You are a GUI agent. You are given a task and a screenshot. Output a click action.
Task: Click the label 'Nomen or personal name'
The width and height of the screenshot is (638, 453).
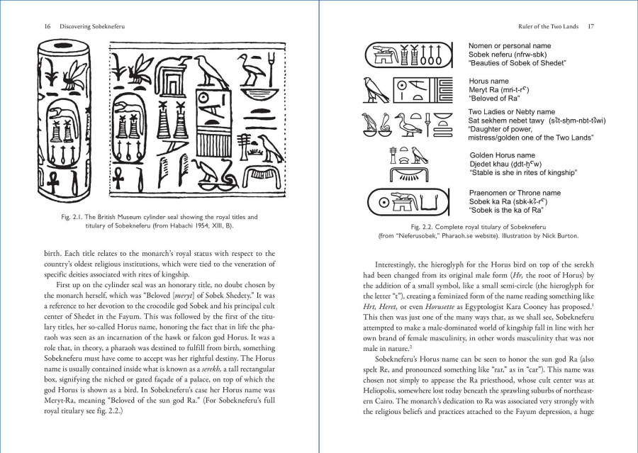511,46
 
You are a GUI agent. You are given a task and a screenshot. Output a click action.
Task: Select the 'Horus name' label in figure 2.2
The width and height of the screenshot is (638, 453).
490,82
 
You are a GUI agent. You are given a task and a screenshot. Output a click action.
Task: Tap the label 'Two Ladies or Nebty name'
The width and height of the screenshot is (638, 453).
512,112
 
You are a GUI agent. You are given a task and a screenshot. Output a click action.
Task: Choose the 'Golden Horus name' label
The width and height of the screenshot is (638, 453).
503,155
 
